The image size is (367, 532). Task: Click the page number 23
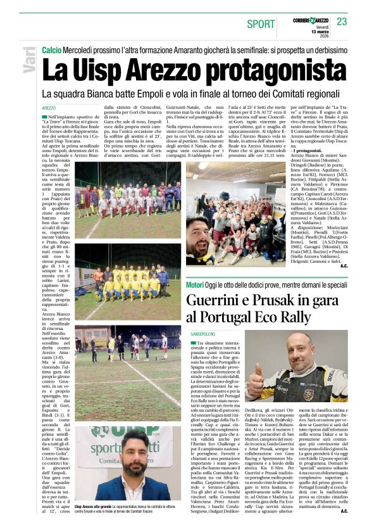point(342,22)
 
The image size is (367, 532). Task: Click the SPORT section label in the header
point(261,23)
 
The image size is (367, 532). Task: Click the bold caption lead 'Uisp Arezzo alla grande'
point(97,507)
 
